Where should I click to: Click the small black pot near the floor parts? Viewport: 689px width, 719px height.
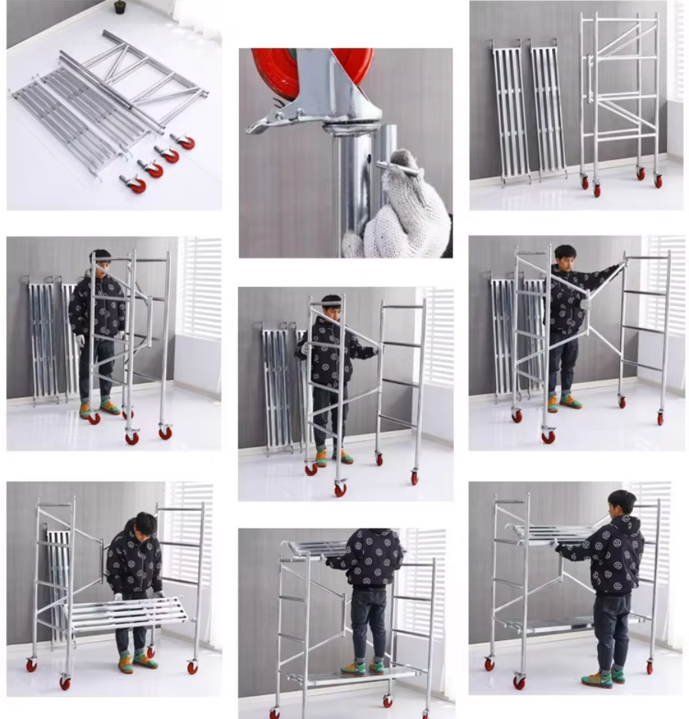[119, 8]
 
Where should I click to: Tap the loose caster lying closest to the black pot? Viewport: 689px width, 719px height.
[184, 141]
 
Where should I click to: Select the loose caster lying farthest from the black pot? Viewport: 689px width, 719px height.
[132, 184]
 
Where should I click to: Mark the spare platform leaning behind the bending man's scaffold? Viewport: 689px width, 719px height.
[57, 581]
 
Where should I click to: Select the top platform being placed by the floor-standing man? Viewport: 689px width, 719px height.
[551, 532]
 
